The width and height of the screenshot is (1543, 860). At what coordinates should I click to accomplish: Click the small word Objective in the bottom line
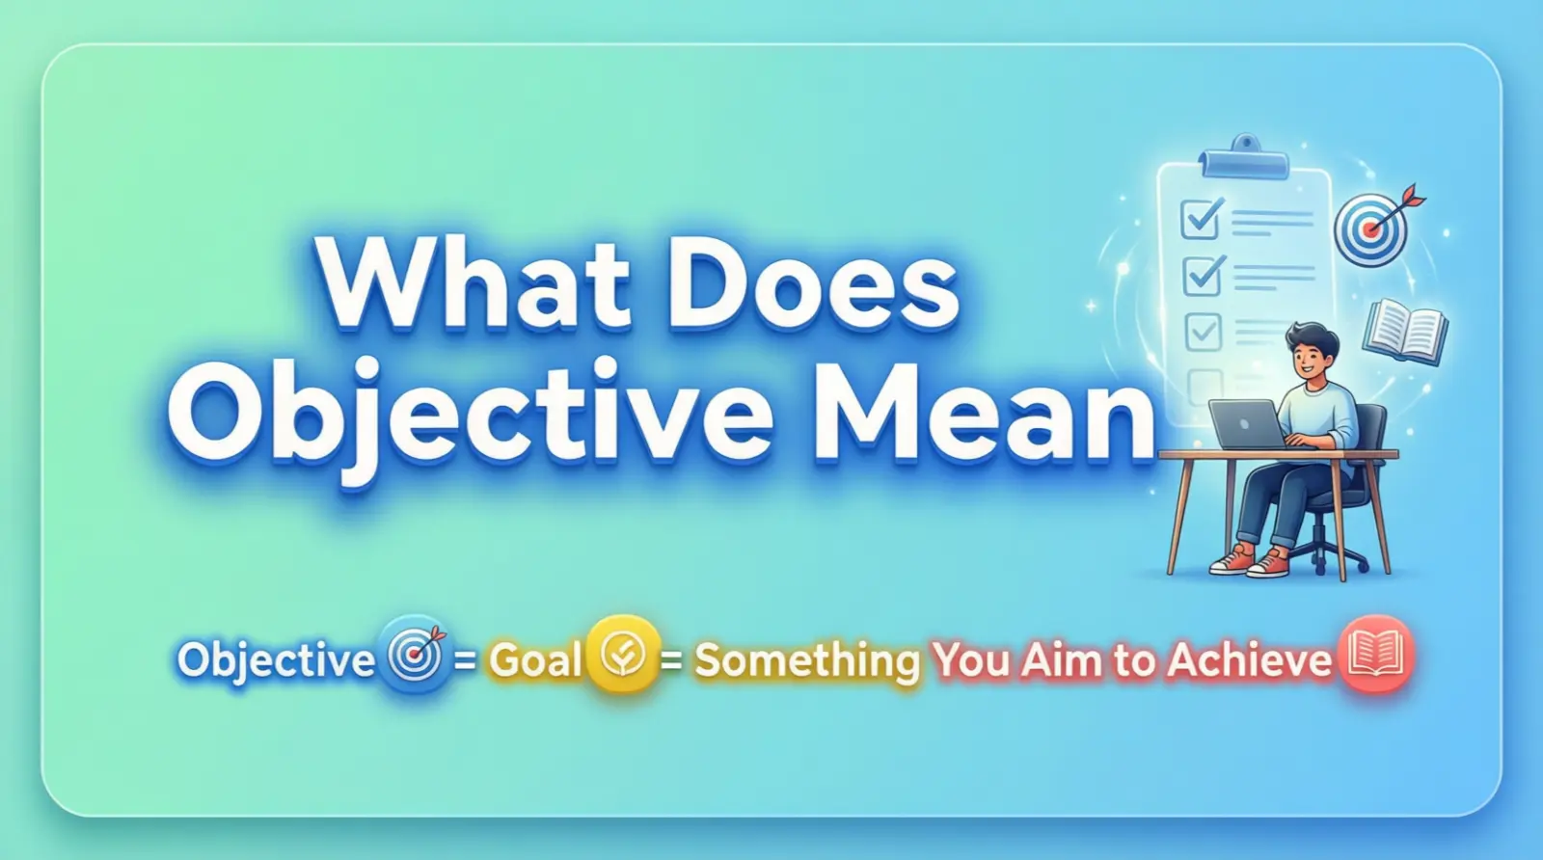click(276, 660)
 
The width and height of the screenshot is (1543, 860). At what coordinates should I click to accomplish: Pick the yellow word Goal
click(535, 660)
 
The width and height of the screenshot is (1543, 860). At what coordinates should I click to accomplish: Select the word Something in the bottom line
click(807, 660)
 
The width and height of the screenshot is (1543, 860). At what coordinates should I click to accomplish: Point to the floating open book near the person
click(1404, 331)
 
